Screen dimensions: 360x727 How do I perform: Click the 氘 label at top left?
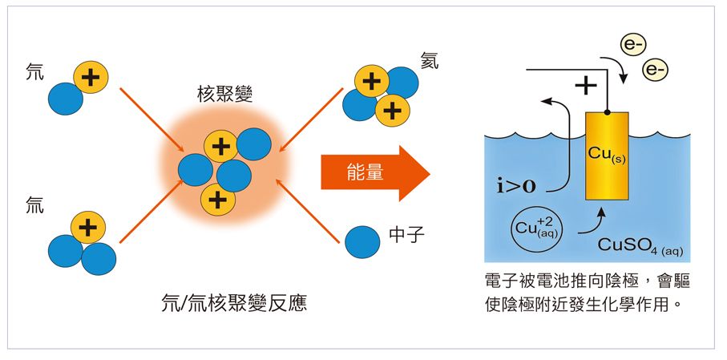point(34,72)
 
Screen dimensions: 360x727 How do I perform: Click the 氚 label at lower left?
point(34,207)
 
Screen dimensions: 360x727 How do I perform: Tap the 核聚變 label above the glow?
point(224,95)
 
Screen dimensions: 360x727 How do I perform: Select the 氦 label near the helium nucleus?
point(430,62)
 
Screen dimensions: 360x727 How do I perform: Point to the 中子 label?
point(406,235)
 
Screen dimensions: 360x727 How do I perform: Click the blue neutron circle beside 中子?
point(362,241)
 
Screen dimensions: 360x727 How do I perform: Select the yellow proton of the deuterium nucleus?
point(91,77)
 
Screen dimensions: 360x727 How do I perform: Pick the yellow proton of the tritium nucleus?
point(88,228)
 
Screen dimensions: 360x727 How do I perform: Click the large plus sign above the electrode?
point(586,84)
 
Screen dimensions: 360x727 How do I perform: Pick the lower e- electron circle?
point(655,71)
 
